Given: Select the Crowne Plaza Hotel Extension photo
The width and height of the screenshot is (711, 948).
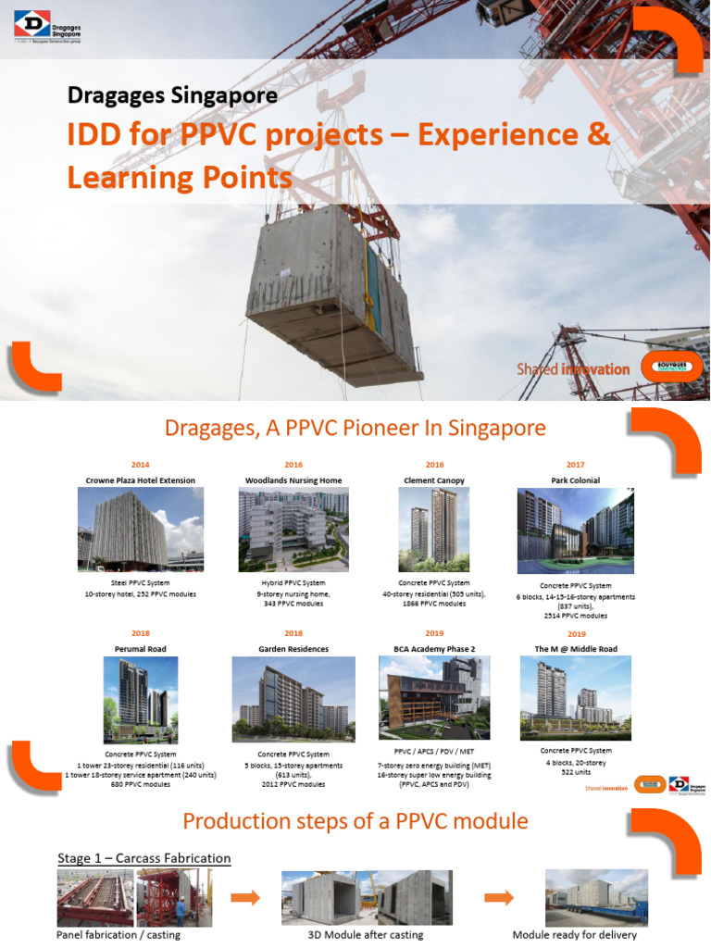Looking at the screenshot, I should (x=141, y=529).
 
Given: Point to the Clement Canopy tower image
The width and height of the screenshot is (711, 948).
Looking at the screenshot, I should (x=434, y=529).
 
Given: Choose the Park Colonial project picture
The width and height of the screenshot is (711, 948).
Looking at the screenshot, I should (x=575, y=530).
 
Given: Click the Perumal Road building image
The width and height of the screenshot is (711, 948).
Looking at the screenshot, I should (x=141, y=700).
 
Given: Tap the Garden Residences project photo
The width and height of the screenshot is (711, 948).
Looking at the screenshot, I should (x=293, y=700).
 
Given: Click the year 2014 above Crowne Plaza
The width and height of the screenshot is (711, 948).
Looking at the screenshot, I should (x=141, y=465).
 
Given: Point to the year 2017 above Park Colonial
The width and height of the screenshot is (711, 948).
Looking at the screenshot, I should (x=576, y=465).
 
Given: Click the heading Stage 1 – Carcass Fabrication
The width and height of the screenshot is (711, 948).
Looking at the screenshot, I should (x=143, y=858).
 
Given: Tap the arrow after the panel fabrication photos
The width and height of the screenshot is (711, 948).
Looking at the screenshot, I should (x=245, y=897).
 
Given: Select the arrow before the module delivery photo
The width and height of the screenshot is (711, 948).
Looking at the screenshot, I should (x=499, y=897).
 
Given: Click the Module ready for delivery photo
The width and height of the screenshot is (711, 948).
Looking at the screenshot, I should (x=596, y=897).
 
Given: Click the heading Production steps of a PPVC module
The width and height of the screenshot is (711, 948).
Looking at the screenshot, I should (x=355, y=821).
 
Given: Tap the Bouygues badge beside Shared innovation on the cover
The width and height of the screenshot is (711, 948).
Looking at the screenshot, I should (x=671, y=368).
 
